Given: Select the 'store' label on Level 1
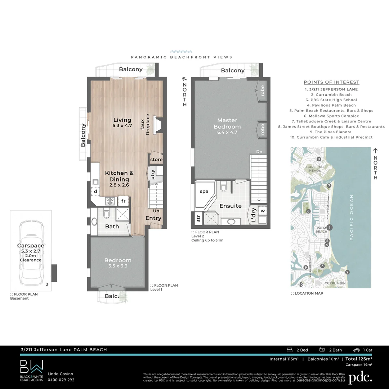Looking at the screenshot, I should pos(156,160).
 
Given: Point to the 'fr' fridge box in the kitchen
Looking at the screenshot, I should pos(123,201).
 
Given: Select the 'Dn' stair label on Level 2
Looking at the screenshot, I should pos(259,152).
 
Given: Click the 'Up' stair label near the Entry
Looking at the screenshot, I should pos(156,211).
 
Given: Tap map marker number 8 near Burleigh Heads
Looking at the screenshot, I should pos(318,159).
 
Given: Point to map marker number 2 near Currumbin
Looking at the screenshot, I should pos(347,272).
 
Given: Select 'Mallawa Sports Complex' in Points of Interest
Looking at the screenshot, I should pos(331,116).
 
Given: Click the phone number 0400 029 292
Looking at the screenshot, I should pos(61,380).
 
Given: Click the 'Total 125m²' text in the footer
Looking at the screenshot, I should pos(358,359).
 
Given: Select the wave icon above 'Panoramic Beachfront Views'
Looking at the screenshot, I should pos(181,52).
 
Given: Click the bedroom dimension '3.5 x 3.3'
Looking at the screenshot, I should pos(118,266).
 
